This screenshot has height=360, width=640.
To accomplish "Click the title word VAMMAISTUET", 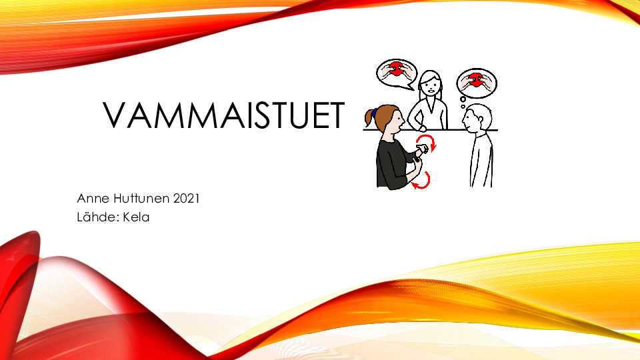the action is point(224,115).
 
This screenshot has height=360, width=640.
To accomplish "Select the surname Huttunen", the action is point(141,199).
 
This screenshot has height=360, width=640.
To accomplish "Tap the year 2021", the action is point(186,199).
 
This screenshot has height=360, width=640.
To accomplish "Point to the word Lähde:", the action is point(97,217).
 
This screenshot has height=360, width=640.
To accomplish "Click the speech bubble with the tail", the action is point(396,74).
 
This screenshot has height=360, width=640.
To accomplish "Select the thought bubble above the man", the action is point(476,83).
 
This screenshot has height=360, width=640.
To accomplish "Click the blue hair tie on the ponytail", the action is point(374,113).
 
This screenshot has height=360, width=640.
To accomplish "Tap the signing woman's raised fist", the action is point(422,149).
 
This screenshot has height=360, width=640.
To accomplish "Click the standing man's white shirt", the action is point(481,160).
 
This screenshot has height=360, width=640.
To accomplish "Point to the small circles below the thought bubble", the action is point(463,103).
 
